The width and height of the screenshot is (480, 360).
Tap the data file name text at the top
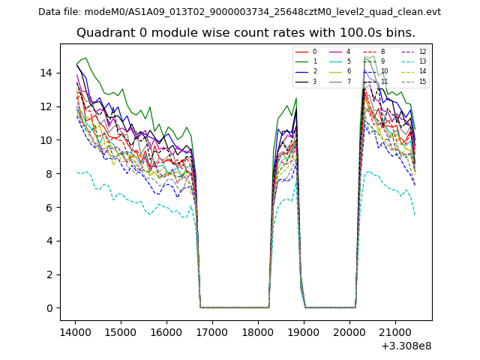(239, 12)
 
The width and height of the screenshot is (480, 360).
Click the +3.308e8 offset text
(406, 346)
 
